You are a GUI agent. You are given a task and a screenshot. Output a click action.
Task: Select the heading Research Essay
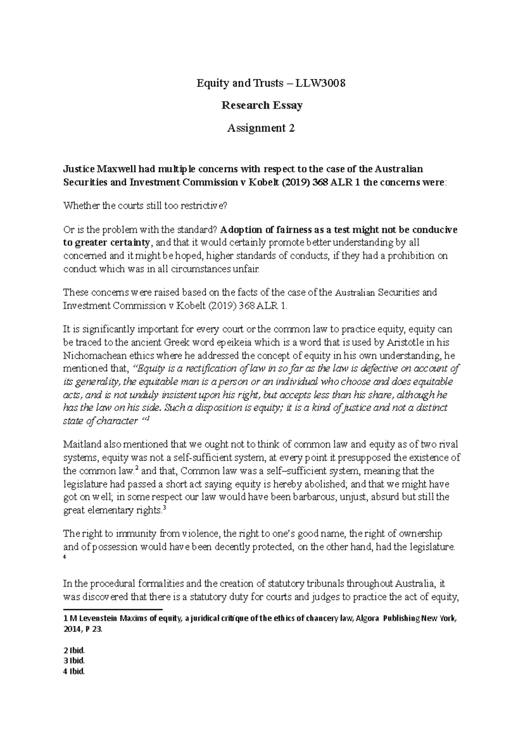(261, 105)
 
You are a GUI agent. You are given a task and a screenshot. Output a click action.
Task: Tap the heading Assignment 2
(261, 128)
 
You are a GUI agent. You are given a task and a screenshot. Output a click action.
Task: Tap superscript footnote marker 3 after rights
(163, 507)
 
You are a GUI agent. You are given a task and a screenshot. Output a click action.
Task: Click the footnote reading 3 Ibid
(74, 660)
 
